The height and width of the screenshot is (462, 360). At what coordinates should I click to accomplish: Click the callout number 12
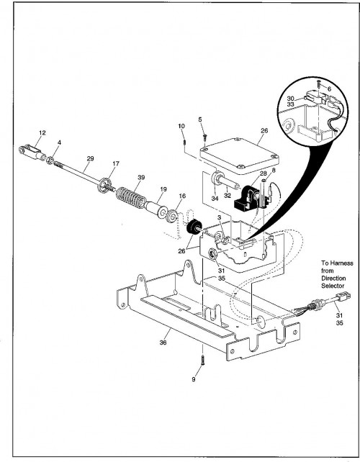42,133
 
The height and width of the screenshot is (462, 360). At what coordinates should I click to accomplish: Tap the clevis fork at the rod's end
32,152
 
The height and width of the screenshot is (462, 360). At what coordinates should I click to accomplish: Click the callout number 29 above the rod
90,158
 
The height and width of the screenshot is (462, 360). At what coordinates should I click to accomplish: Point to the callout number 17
116,163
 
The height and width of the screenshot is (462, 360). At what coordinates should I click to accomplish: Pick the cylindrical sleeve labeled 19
156,208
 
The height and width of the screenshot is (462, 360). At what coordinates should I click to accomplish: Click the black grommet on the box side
194,227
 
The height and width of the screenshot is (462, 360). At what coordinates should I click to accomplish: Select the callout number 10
181,126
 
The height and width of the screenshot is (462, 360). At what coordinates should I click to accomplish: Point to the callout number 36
163,343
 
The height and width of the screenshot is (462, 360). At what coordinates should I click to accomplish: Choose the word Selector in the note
333,286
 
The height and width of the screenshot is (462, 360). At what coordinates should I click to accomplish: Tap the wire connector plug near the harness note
343,296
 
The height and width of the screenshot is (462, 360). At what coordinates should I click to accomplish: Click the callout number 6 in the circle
329,89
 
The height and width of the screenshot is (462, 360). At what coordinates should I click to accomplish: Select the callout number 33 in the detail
290,104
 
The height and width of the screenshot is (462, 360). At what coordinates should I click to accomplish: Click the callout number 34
215,199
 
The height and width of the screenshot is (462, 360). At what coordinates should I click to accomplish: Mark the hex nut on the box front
212,254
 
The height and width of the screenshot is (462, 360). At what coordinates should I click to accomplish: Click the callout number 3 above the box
219,217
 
